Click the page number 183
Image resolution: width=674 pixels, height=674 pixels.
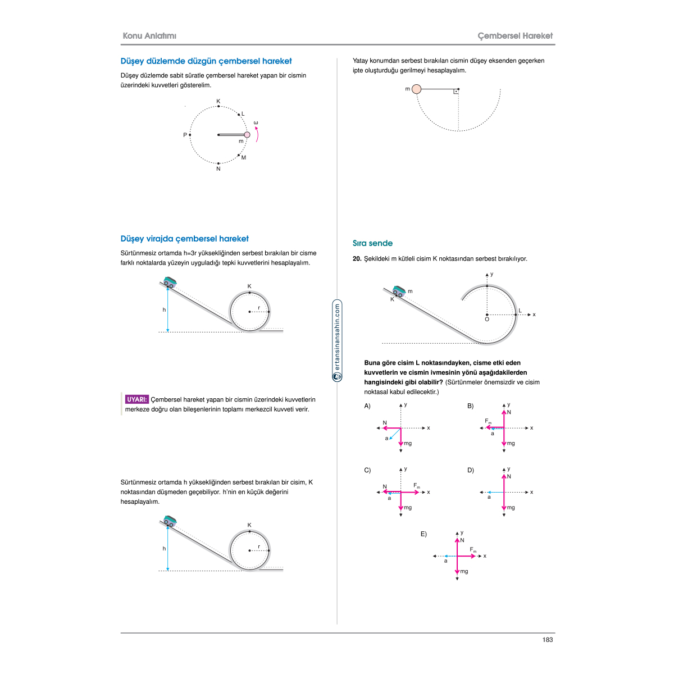click(x=548, y=640)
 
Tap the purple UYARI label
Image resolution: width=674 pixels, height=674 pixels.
click(x=137, y=400)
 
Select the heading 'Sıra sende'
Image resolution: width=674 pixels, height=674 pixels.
click(x=372, y=243)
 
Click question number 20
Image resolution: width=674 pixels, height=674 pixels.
click(x=357, y=259)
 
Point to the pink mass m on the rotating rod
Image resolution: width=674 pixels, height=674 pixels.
click(x=247, y=135)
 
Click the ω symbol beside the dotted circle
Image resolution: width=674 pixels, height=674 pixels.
click(x=256, y=123)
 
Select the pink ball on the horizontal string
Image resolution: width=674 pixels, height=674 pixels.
click(x=416, y=89)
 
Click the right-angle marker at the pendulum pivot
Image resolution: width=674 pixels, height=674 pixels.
click(x=456, y=91)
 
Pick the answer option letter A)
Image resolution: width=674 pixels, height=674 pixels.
click(x=367, y=406)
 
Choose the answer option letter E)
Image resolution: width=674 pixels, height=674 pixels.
click(x=423, y=534)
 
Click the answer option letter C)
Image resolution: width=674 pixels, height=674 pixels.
click(x=367, y=471)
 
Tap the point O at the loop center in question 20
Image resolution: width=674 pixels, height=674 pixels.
click(x=487, y=319)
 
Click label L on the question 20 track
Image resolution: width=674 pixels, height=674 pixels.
click(x=520, y=311)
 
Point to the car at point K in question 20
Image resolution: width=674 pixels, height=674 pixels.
click(x=399, y=291)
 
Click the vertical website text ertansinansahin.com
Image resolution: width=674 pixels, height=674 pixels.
click(x=338, y=337)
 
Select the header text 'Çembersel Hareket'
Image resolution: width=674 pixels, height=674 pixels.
click(x=515, y=36)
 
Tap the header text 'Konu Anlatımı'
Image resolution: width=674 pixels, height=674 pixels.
click(x=149, y=36)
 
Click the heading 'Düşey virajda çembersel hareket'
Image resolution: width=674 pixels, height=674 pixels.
click(x=184, y=239)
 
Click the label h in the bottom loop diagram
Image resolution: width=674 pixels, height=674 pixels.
click(x=164, y=549)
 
